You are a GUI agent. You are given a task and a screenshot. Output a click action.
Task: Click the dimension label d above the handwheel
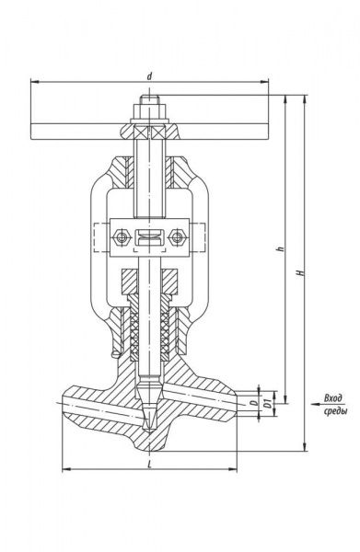click(x=150, y=76)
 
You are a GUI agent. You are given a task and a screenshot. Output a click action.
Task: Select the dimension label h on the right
click(x=281, y=248)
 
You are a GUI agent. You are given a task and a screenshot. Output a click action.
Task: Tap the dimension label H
click(x=300, y=272)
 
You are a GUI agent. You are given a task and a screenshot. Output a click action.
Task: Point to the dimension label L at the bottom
click(x=150, y=464)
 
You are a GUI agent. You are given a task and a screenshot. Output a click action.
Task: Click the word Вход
click(x=333, y=398)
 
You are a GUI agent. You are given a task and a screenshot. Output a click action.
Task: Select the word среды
click(x=335, y=411)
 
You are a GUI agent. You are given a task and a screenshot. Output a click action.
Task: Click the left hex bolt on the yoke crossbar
click(x=122, y=237)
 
